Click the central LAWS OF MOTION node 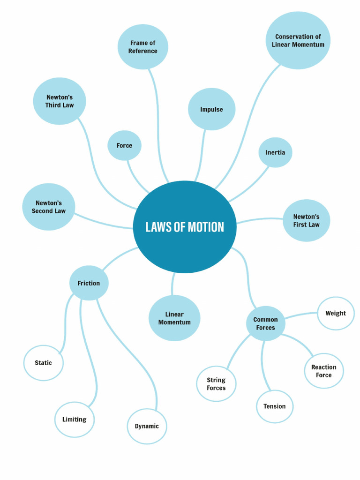(x=185, y=227)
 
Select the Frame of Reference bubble (x=142, y=47)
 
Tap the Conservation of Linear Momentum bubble (x=298, y=40)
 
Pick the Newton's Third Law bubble (x=60, y=101)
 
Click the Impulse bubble (x=211, y=109)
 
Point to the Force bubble (x=124, y=145)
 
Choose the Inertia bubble (x=275, y=152)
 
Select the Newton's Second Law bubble (x=49, y=207)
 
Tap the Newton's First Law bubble (x=306, y=220)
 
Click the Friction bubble (x=89, y=283)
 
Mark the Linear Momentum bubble (x=174, y=318)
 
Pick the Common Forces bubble (x=265, y=323)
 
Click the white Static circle (x=44, y=363)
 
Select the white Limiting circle (x=75, y=420)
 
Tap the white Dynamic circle (x=147, y=426)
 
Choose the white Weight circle (x=336, y=313)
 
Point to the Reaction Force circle (x=323, y=371)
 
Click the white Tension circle (x=275, y=406)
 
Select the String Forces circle (x=216, y=384)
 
